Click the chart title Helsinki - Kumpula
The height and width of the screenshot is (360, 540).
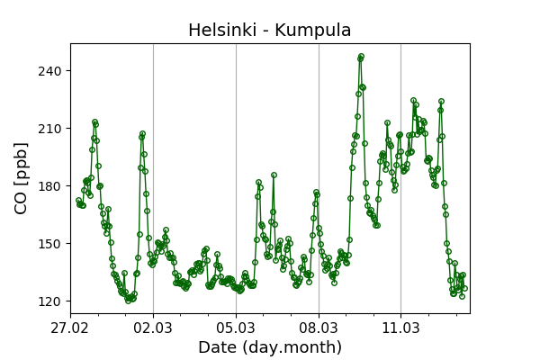click(269, 30)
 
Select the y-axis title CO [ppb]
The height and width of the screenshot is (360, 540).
click(22, 178)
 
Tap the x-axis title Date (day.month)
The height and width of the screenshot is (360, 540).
click(269, 347)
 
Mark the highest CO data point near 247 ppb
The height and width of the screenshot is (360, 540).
click(361, 56)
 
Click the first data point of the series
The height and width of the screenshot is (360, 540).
click(78, 201)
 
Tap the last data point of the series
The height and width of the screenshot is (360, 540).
click(464, 288)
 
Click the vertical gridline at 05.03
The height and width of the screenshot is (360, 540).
click(236, 180)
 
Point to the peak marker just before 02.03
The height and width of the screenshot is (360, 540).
click(142, 134)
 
